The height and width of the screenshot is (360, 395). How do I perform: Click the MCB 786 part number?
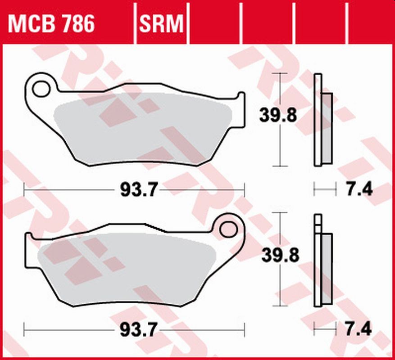(51, 23)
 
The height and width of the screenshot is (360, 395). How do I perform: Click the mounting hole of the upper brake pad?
(42, 88)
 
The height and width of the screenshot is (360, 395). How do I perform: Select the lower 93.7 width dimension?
(138, 331)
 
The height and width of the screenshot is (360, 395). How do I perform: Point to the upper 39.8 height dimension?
(277, 116)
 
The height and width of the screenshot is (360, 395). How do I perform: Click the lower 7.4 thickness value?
(359, 329)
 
